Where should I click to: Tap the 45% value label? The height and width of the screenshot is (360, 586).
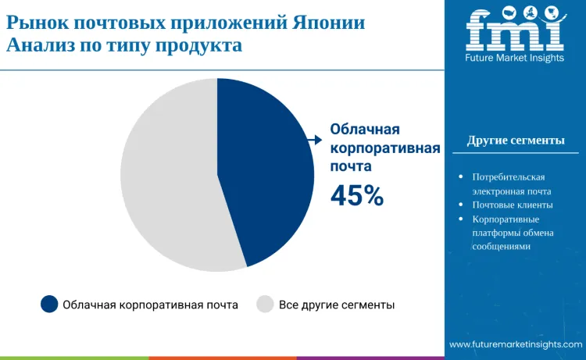[357, 196]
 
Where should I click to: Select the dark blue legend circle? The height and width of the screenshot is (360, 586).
[49, 305]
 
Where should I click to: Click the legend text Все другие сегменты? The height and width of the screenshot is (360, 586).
[337, 305]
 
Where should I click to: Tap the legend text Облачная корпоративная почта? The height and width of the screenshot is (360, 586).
[150, 305]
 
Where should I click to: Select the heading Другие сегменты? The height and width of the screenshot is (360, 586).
[516, 141]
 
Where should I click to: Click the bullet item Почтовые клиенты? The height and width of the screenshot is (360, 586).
[513, 205]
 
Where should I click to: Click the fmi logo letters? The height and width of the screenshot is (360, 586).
[515, 29]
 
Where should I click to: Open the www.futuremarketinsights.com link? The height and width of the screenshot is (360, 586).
[515, 344]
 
